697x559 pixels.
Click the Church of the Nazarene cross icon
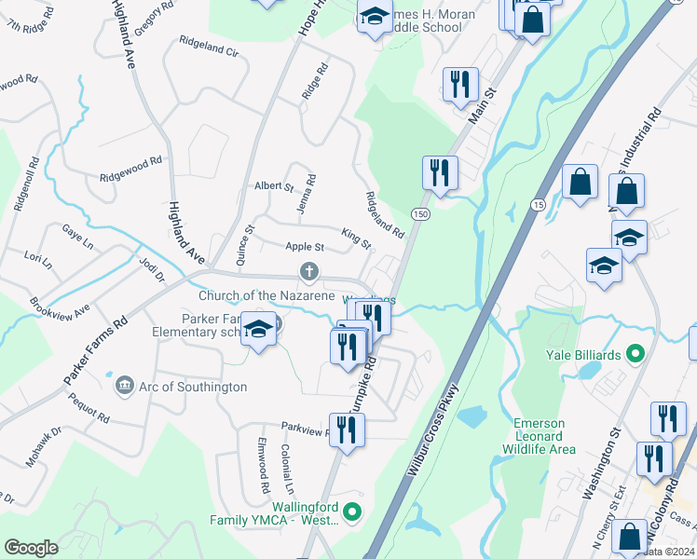point(309,272)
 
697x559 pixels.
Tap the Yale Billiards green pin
point(635,353)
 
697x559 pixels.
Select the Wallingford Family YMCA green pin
point(352,511)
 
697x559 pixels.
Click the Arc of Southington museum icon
point(124,384)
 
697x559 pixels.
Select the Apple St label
point(304,247)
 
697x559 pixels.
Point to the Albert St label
point(274,186)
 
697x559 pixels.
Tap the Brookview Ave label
point(59,306)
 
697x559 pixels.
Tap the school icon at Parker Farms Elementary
point(258,330)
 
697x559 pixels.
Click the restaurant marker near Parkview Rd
point(347,429)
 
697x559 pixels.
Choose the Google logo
point(32,547)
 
